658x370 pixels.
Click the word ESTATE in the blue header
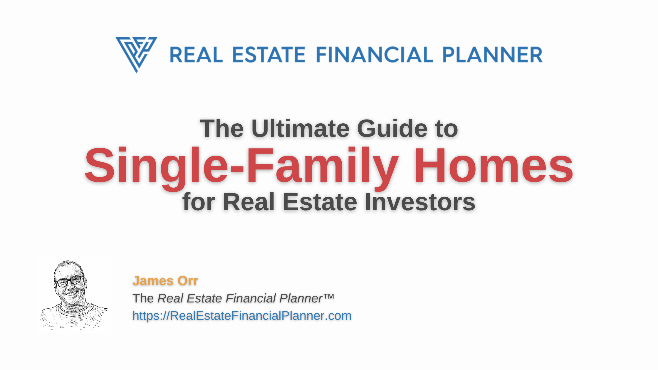coord(269,55)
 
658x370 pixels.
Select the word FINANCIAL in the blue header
coord(374,55)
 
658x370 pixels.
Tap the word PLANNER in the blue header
coord(492,55)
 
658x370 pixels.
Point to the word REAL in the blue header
coord(196,55)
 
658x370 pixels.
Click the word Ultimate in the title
coord(300,128)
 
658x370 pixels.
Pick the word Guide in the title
coord(392,128)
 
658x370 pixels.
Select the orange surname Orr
coord(188,281)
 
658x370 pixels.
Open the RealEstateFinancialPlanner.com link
coord(242,316)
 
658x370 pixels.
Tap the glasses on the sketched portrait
coord(69,281)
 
